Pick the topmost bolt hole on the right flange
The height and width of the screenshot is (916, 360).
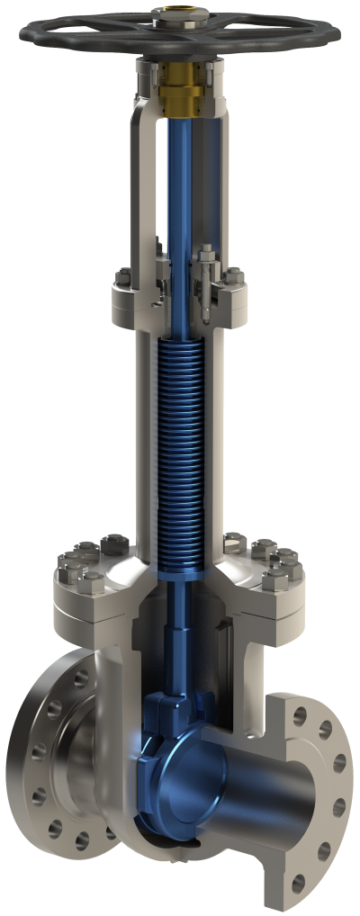pos(301,717)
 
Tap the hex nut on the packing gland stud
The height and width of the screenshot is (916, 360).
pos(205,256)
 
